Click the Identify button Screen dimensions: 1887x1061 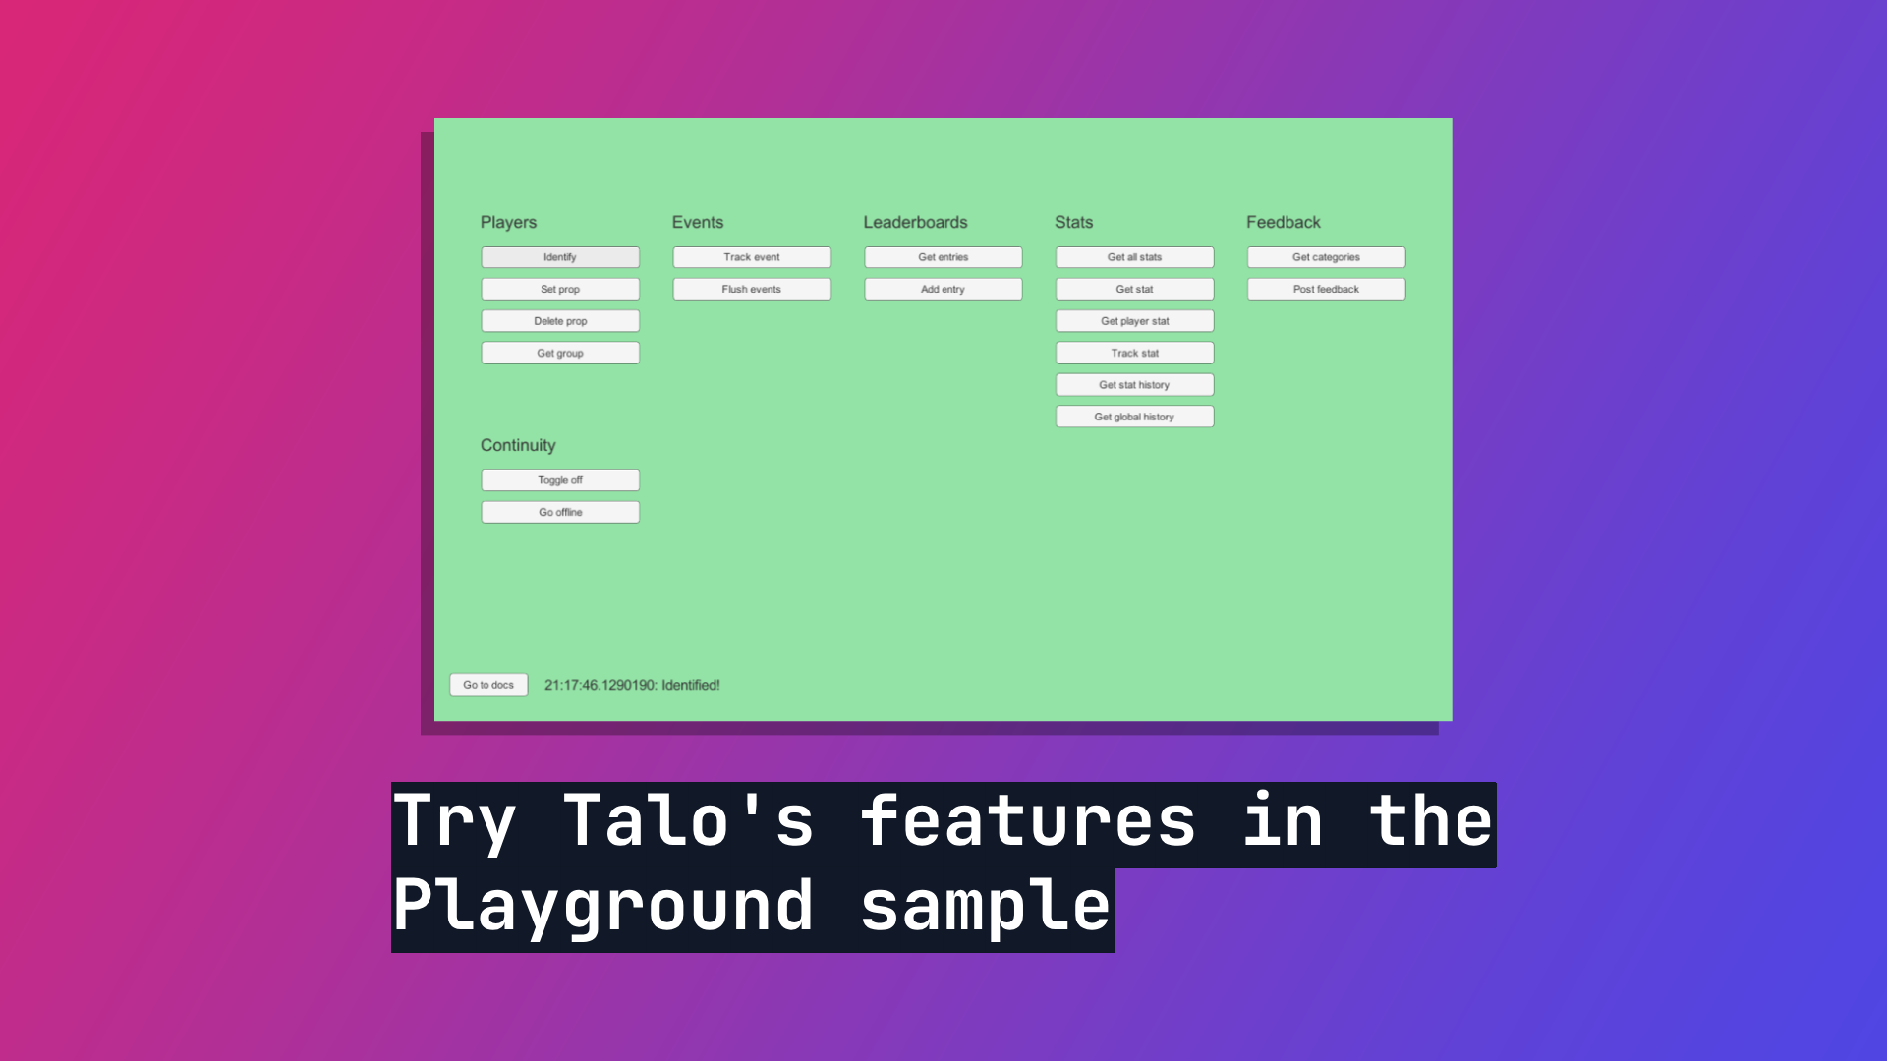[x=560, y=257]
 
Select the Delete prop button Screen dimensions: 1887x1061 [x=560, y=321]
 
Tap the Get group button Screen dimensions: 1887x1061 [x=560, y=353]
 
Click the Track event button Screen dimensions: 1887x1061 [x=752, y=257]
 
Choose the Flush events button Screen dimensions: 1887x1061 [x=752, y=289]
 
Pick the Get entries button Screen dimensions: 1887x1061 [x=943, y=257]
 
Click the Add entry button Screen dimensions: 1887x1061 [x=943, y=289]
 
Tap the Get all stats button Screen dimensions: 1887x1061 [x=1135, y=257]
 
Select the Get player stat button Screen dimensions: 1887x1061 [x=1135, y=321]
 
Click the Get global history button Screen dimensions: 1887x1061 [x=1135, y=417]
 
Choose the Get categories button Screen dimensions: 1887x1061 [x=1327, y=257]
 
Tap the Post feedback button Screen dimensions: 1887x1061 [x=1327, y=289]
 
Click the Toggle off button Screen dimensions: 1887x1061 [x=560, y=480]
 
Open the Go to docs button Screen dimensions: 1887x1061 [x=488, y=685]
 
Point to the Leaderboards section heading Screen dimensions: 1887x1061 [x=915, y=223]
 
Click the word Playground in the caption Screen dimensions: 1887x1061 [x=603, y=907]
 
